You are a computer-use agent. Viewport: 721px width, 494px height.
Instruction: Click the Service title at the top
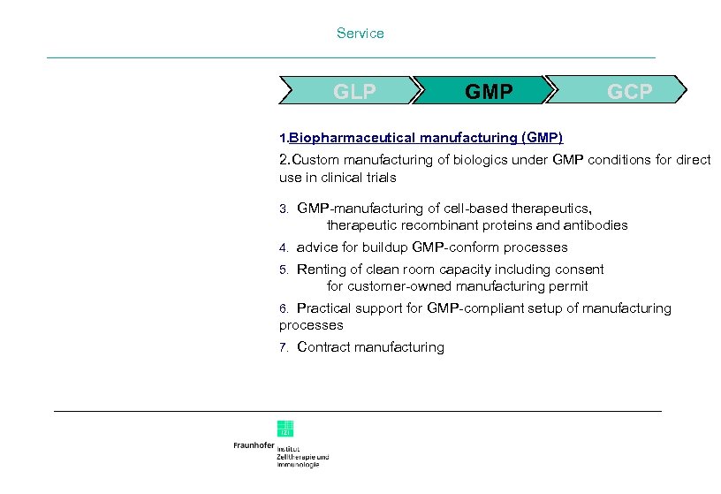tap(360, 34)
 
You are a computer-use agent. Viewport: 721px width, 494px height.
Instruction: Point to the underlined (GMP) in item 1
tap(542, 138)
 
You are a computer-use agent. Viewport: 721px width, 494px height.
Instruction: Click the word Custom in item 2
tap(309, 160)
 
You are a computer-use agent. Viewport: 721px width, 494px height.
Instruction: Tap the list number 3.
tap(284, 209)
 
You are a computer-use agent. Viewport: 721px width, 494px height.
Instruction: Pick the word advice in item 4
tap(315, 247)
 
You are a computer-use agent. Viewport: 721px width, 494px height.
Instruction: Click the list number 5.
tap(284, 270)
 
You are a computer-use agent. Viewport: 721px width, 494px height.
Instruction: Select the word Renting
tap(323, 270)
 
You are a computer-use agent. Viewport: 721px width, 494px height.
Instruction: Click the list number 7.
tap(284, 348)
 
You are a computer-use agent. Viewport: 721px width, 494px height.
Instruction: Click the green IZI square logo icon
tap(285, 429)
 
